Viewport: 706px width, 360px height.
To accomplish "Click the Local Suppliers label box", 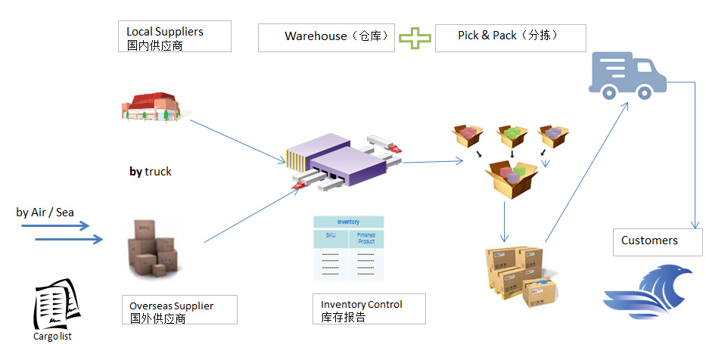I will pyautogui.click(x=179, y=36).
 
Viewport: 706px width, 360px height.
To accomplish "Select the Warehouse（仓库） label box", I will pyautogui.click(x=326, y=37).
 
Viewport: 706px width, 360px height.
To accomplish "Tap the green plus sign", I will pyautogui.click(x=415, y=38).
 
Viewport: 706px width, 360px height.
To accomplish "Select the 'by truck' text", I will pyautogui.click(x=151, y=172).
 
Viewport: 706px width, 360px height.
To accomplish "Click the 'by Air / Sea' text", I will pyautogui.click(x=45, y=213).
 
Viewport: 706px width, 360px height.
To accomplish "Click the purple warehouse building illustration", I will pyautogui.click(x=341, y=161).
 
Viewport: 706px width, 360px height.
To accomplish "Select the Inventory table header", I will pyautogui.click(x=348, y=222).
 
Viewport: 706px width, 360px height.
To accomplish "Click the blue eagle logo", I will pyautogui.click(x=648, y=293).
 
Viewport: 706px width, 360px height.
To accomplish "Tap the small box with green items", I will pyautogui.click(x=512, y=137).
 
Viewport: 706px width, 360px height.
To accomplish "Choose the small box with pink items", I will pyautogui.click(x=468, y=137).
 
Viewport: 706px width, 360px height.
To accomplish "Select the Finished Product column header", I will pyautogui.click(x=366, y=239).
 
